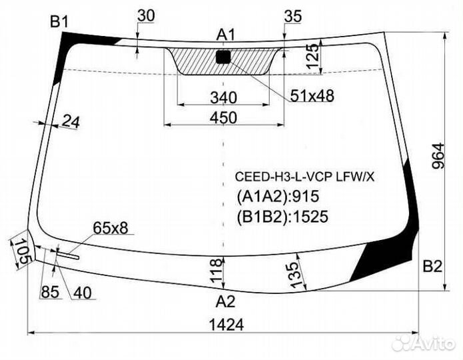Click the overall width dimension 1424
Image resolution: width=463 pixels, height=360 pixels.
tap(226, 325)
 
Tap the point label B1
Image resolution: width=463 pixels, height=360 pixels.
tap(60, 21)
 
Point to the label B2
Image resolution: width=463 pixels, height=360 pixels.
tap(432, 267)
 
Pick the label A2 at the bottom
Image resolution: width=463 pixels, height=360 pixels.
tap(226, 301)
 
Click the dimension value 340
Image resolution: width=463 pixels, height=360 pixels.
tap(223, 97)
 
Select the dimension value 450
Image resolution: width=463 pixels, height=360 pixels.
tap(223, 118)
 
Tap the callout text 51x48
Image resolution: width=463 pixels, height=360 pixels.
tap(312, 96)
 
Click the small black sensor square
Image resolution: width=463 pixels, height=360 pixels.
tap(223, 57)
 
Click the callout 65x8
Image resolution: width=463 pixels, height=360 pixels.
tap(111, 228)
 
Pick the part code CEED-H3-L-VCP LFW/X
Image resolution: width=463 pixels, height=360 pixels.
tap(304, 177)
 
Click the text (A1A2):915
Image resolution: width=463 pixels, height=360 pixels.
tap(278, 196)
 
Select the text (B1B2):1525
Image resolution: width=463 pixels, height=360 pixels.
tap(282, 215)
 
